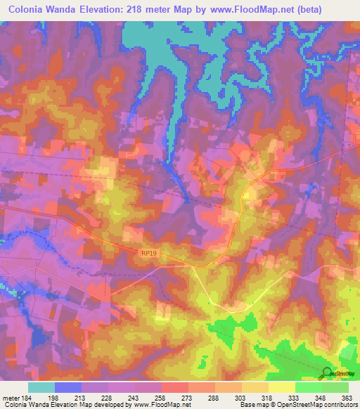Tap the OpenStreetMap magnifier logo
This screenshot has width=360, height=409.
(328, 372)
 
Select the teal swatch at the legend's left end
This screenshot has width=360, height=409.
(41, 387)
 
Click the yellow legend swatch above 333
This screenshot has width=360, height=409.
(282, 387)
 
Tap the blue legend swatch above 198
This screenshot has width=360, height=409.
(68, 387)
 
